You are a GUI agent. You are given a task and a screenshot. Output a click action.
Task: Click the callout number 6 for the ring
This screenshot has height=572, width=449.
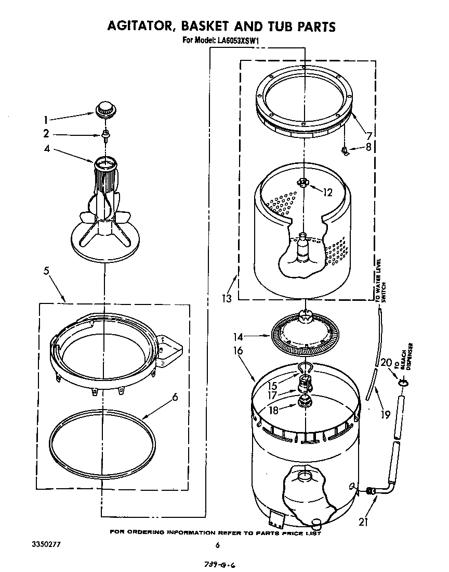[175, 397]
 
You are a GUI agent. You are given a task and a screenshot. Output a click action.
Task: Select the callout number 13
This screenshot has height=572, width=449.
[226, 299]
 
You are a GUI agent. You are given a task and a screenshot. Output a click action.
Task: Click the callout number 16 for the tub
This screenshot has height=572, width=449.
[238, 352]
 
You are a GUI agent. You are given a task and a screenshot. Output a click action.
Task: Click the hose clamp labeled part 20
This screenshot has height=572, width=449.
[403, 383]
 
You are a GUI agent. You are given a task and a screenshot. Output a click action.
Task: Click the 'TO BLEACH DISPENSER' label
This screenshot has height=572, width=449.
[405, 358]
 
